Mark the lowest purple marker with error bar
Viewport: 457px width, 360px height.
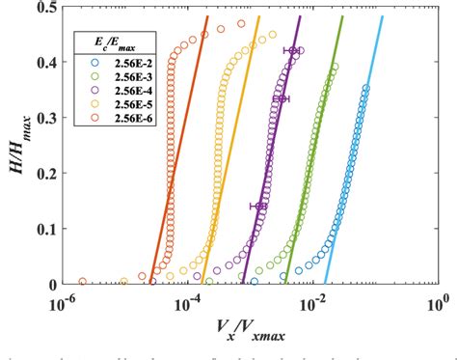tap(259, 206)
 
